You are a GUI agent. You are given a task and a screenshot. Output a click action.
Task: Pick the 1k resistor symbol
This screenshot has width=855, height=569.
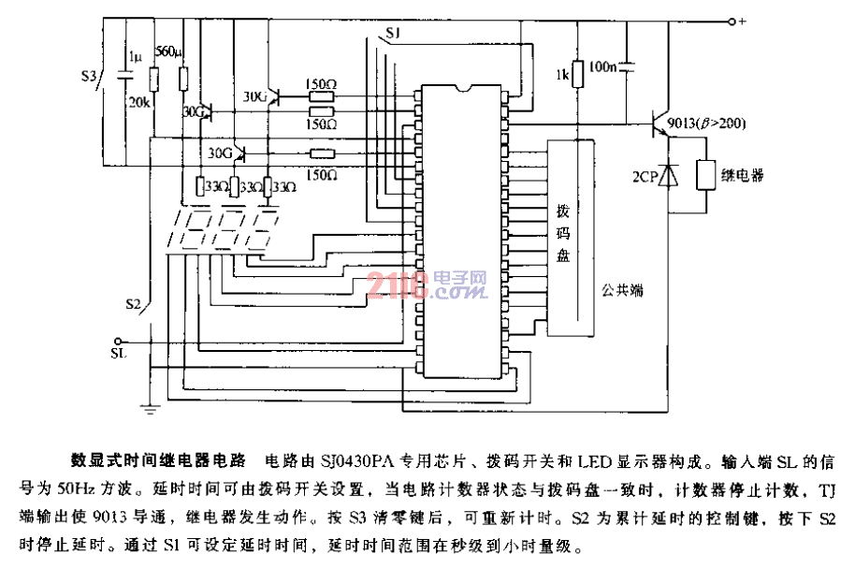click(x=578, y=73)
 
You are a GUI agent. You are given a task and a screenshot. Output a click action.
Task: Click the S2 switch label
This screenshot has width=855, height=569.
click(x=135, y=305)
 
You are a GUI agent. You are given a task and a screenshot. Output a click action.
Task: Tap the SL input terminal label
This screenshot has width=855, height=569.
click(x=118, y=356)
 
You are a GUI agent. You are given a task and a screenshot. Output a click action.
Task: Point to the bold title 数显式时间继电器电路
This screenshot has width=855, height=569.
click(x=158, y=461)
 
